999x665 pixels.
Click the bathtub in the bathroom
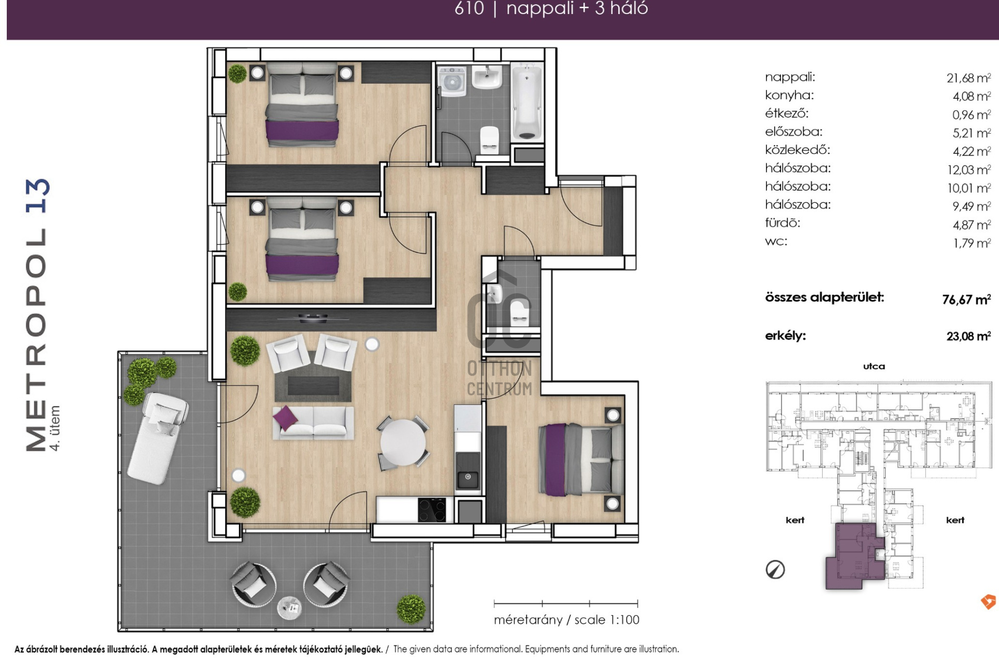[x=527, y=102]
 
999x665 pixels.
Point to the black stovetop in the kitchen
[x=432, y=510]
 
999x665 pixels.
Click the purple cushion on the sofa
[x=285, y=418]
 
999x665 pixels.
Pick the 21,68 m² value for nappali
[x=968, y=78]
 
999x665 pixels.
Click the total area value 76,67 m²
[x=966, y=299]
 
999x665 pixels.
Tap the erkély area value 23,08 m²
[x=968, y=336]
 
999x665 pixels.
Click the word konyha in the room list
[x=789, y=95]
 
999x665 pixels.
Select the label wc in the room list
[x=776, y=241]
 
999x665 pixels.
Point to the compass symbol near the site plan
[x=775, y=570]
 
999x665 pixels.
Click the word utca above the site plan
[x=874, y=366]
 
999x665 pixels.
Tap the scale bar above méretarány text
[x=566, y=604]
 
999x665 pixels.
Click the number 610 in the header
[x=469, y=8]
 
